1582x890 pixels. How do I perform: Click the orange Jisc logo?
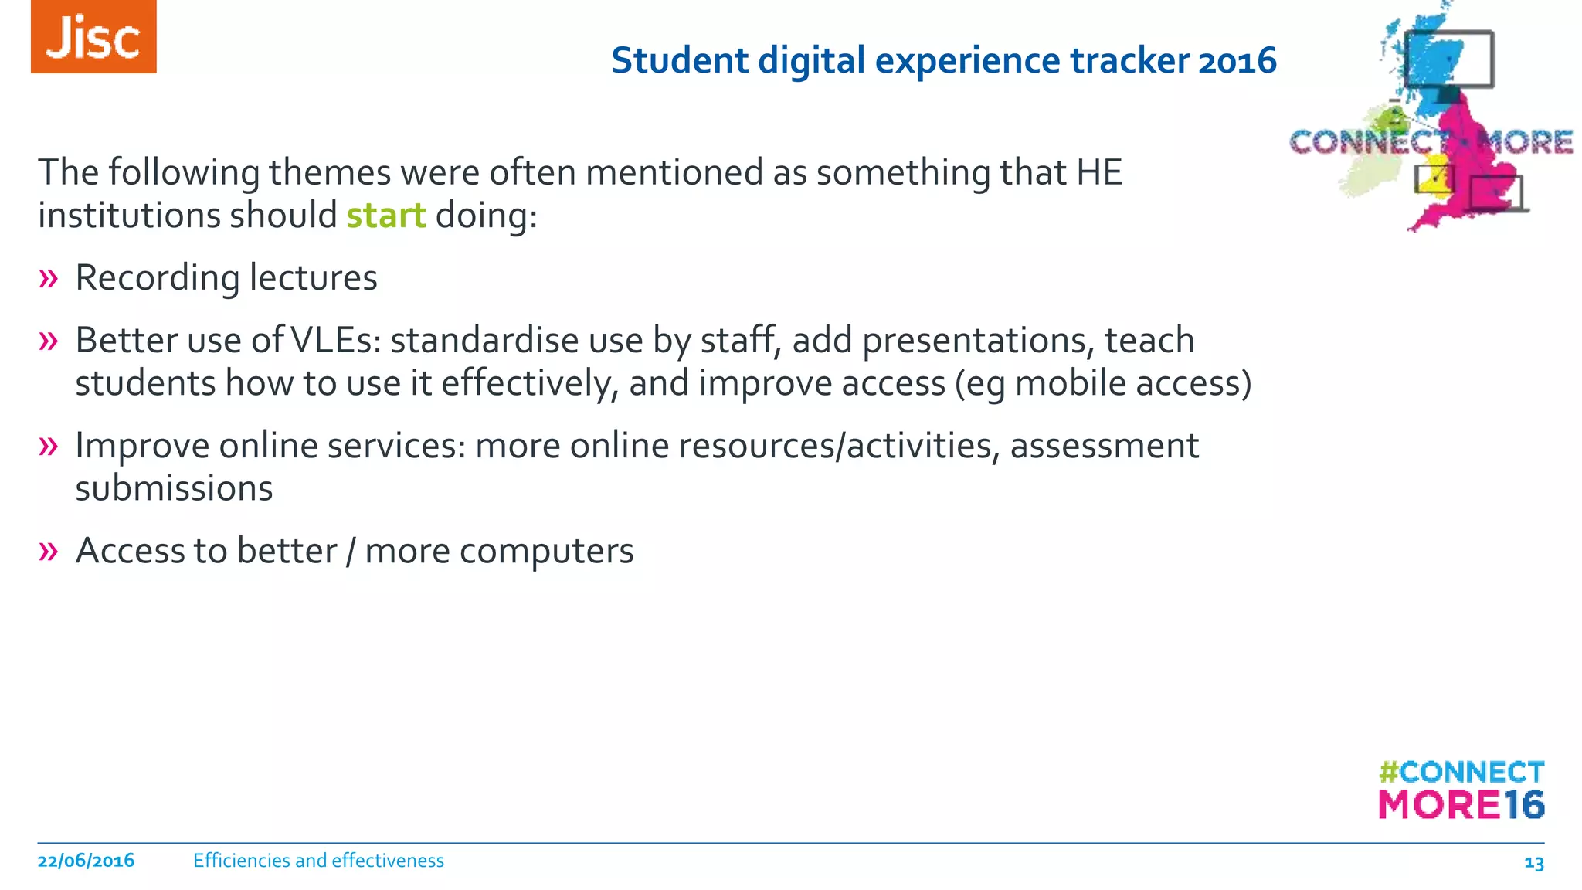point(93,37)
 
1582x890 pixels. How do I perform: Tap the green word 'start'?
point(385,216)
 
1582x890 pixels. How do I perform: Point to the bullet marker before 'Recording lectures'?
point(48,278)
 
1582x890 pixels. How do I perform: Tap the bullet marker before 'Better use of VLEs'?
point(48,341)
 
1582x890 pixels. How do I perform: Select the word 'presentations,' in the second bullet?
point(978,341)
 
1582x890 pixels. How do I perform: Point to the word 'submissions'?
point(174,489)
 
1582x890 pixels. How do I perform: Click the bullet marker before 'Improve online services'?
point(48,446)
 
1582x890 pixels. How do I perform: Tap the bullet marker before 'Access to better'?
point(48,552)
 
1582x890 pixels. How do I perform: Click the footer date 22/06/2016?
point(86,861)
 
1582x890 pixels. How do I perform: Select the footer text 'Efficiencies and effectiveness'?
point(318,861)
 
